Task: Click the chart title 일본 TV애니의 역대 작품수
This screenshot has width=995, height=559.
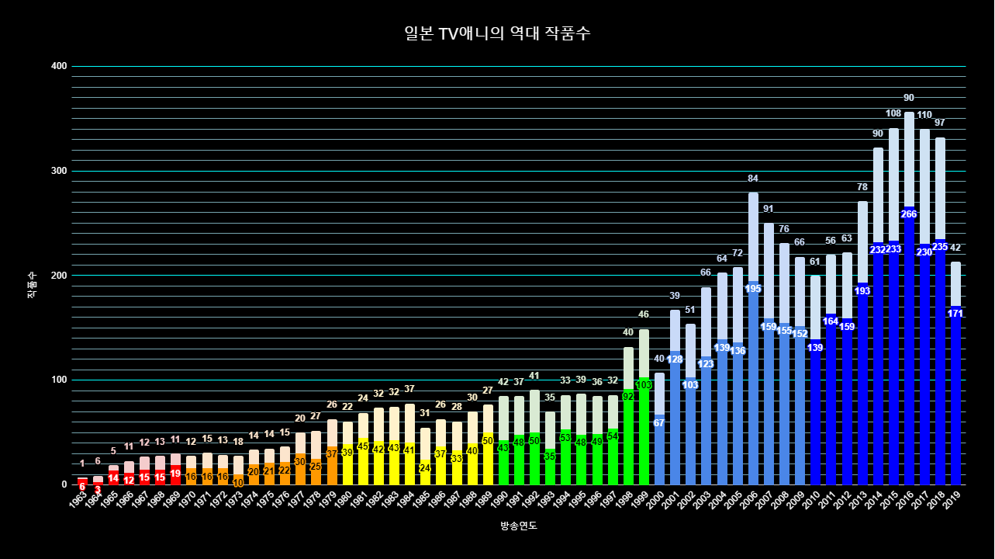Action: (497, 33)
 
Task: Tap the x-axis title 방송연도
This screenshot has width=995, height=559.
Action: (519, 526)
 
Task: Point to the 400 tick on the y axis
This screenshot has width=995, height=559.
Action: (59, 67)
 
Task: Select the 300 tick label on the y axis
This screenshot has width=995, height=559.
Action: (59, 171)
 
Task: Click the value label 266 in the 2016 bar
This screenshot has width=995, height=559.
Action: (909, 214)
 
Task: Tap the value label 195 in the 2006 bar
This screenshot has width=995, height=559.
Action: (753, 289)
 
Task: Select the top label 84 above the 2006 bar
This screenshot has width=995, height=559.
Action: (753, 179)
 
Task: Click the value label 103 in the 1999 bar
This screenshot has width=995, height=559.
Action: (644, 385)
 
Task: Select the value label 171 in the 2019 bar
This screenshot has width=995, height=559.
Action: (955, 314)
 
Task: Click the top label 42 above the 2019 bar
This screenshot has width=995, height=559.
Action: (955, 248)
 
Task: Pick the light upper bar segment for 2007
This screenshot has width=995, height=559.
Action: (769, 272)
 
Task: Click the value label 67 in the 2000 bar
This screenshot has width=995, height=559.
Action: (659, 423)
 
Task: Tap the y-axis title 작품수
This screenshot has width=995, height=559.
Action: (32, 285)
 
